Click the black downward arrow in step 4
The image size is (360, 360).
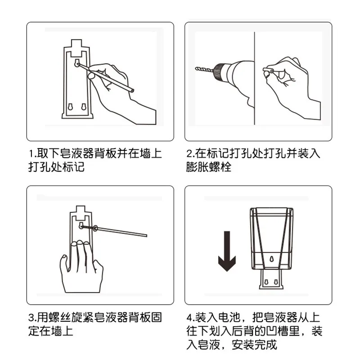point(227,251)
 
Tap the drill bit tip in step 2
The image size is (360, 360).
point(196,68)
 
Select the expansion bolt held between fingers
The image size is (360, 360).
point(268,70)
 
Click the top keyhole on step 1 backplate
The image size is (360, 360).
point(77,63)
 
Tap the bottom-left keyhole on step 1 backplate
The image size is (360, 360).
point(70,107)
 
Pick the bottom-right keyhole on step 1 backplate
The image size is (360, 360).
point(84,107)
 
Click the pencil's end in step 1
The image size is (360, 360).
point(132,91)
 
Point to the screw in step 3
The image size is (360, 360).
point(88,227)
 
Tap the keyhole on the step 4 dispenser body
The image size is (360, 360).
point(272,259)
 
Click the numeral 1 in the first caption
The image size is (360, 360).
point(31,153)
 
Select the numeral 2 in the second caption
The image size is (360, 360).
point(189,153)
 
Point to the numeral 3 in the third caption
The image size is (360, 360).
point(31,318)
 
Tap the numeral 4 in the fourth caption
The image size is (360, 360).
point(189,318)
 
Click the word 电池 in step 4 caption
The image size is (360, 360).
point(229,318)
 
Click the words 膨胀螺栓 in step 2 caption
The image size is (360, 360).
point(209,167)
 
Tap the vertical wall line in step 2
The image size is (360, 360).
point(254,78)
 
